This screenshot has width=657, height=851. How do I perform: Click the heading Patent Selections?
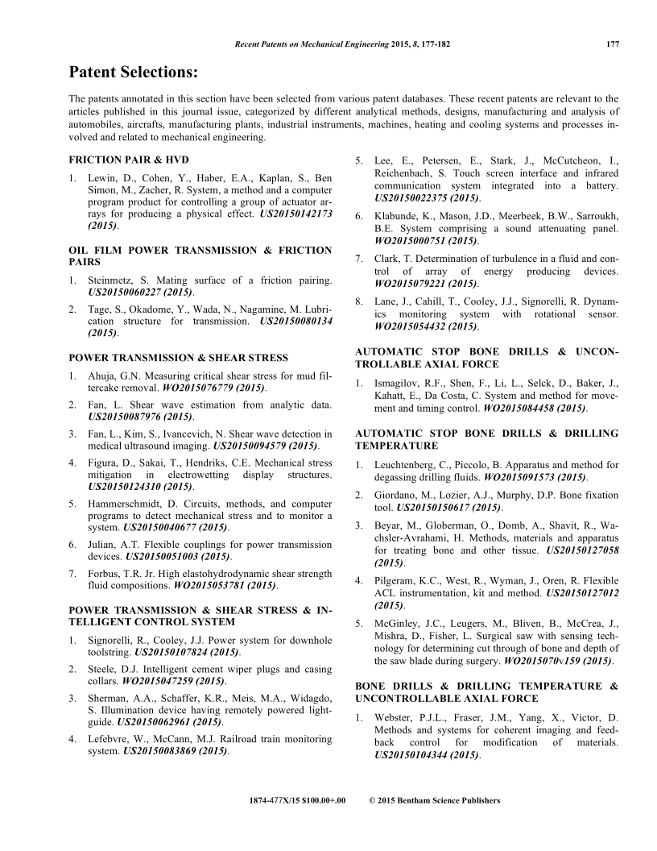[133, 73]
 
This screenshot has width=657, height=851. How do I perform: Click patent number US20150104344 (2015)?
[428, 756]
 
